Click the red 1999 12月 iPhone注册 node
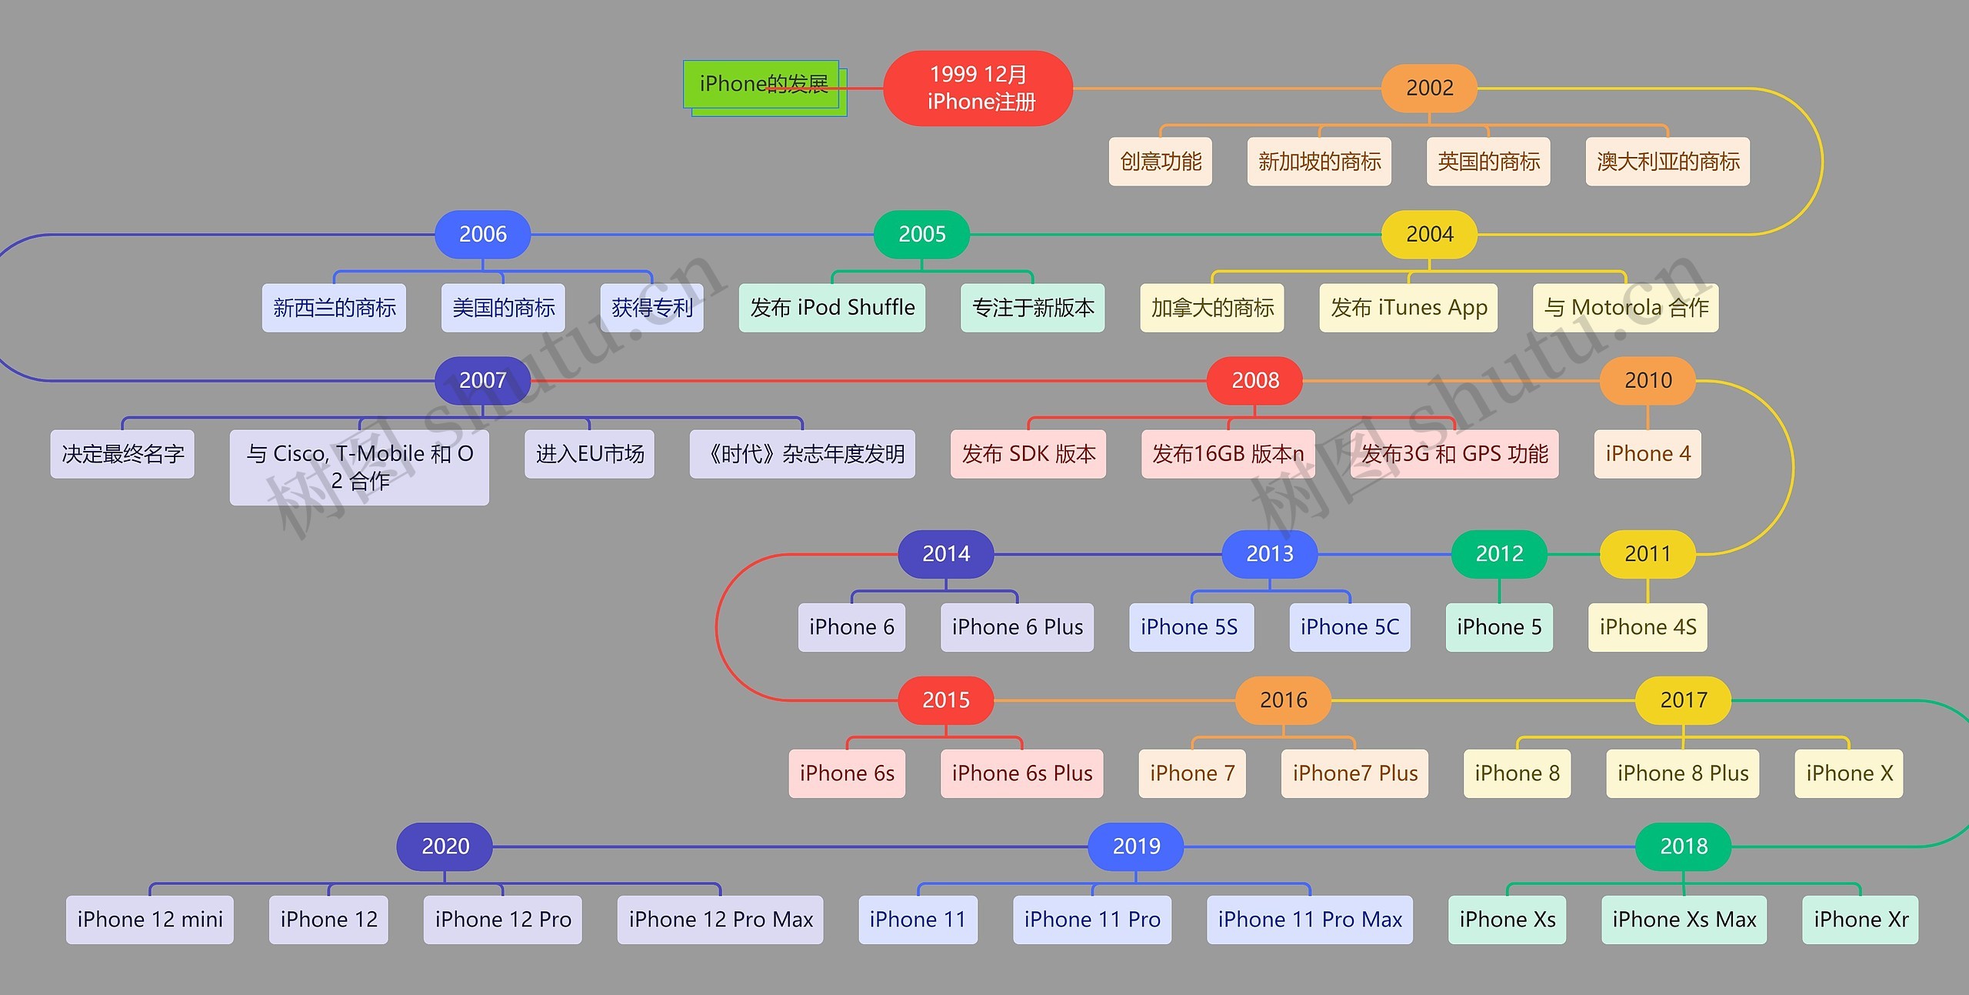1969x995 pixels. [x=978, y=88]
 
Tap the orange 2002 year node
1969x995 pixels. [x=1429, y=88]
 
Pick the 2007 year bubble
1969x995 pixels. [x=482, y=380]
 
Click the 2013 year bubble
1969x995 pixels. [x=1269, y=553]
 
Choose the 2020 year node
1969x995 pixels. [x=445, y=846]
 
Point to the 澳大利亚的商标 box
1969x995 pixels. [x=1667, y=162]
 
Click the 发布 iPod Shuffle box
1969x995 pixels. [x=831, y=308]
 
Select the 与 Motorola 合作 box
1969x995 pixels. [x=1625, y=308]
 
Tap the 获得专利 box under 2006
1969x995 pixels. [x=651, y=308]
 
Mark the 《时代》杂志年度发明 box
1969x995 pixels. [x=802, y=454]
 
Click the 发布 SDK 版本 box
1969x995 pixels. [x=1028, y=454]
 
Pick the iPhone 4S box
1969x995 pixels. [x=1647, y=627]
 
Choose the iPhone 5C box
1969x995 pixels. [x=1349, y=627]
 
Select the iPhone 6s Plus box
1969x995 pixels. [x=1021, y=773]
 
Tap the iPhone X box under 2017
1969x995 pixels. [x=1848, y=773]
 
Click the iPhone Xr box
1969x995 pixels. [x=1860, y=920]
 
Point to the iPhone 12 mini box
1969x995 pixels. [x=149, y=920]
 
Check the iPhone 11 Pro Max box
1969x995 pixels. [x=1309, y=920]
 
